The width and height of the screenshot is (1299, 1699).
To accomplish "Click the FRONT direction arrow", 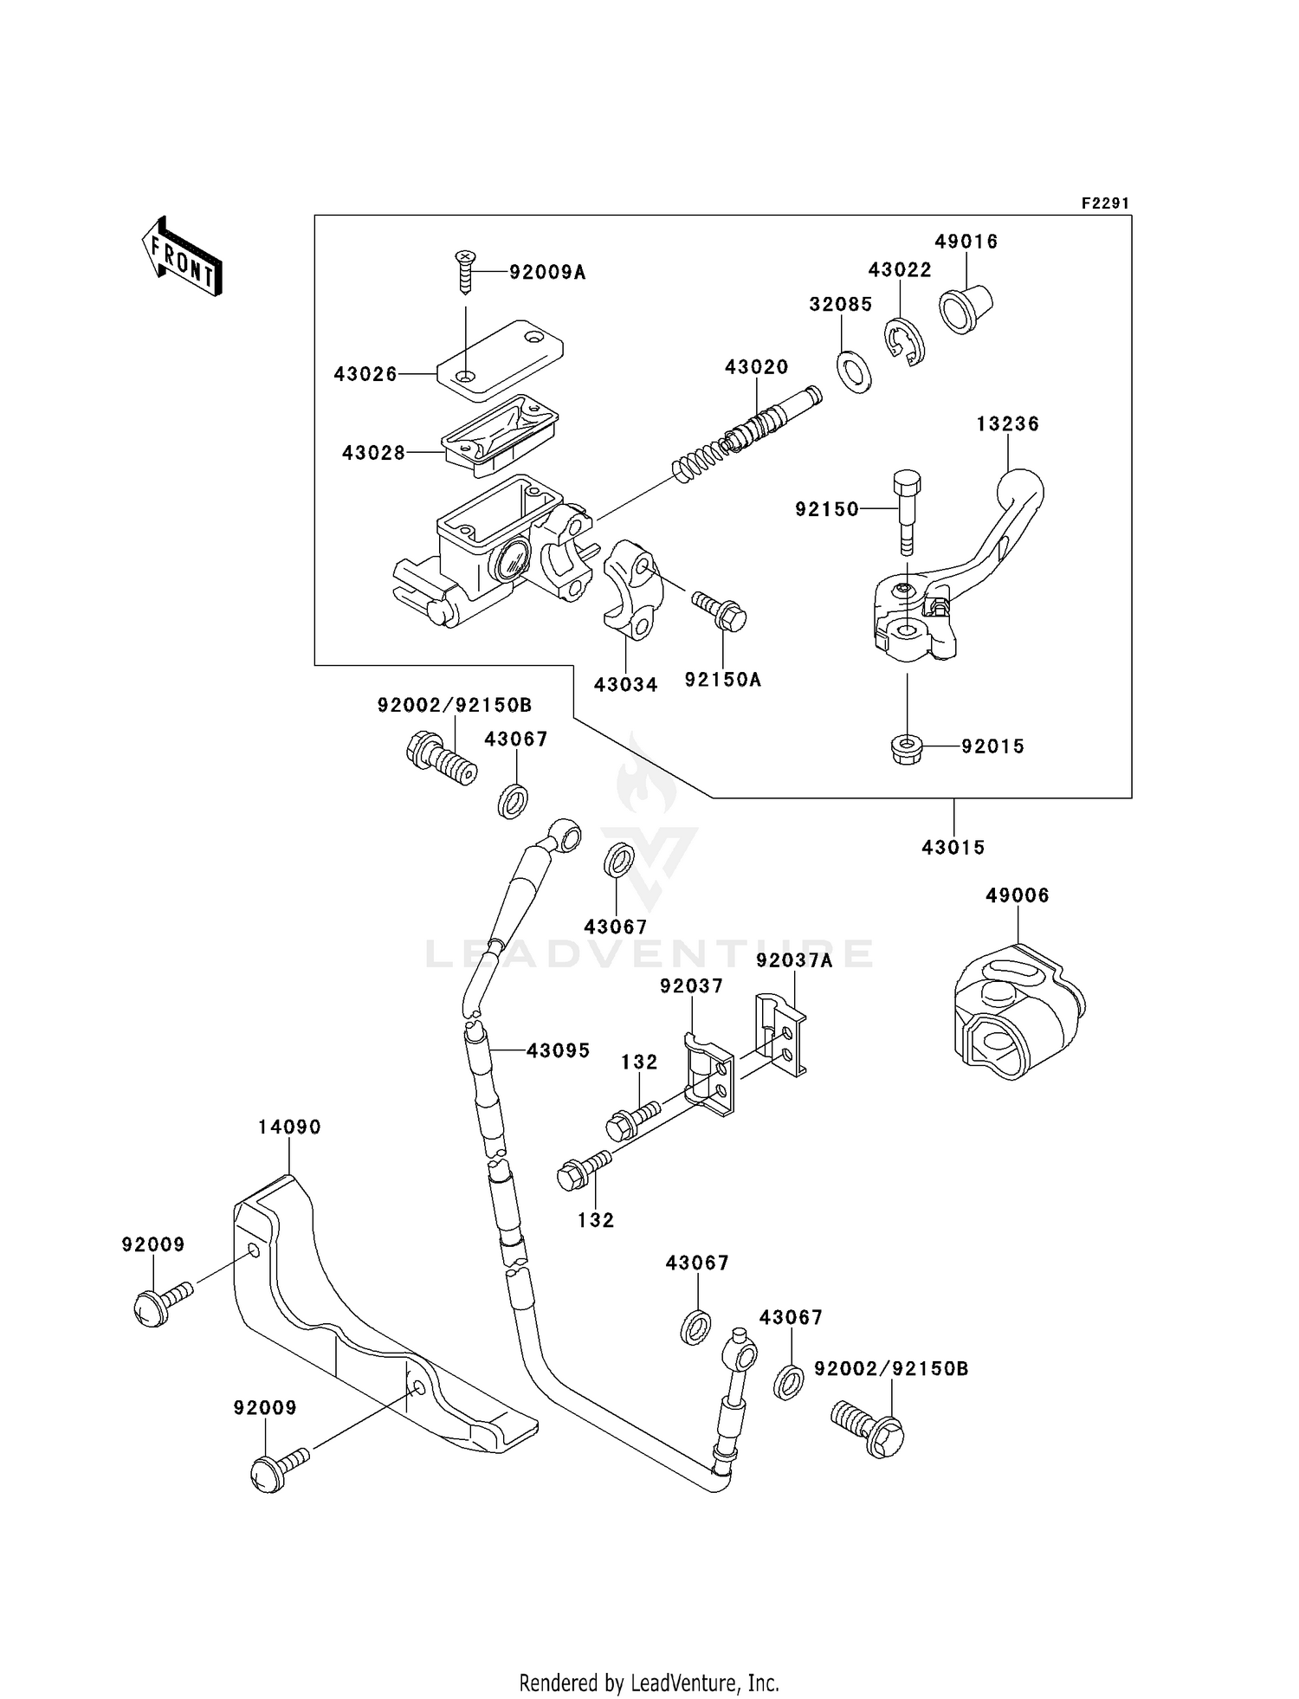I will (x=182, y=257).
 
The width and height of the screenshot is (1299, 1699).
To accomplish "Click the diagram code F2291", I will (x=1104, y=203).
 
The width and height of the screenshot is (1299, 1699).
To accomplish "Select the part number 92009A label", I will (x=546, y=273).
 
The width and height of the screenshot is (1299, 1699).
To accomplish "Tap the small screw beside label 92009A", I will (x=466, y=270).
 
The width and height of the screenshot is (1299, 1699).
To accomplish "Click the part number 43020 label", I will (x=756, y=367).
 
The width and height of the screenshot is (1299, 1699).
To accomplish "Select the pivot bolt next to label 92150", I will (x=905, y=511).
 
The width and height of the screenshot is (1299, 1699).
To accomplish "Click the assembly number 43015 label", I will (x=953, y=848).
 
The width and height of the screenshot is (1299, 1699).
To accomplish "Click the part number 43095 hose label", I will (x=558, y=1050).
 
